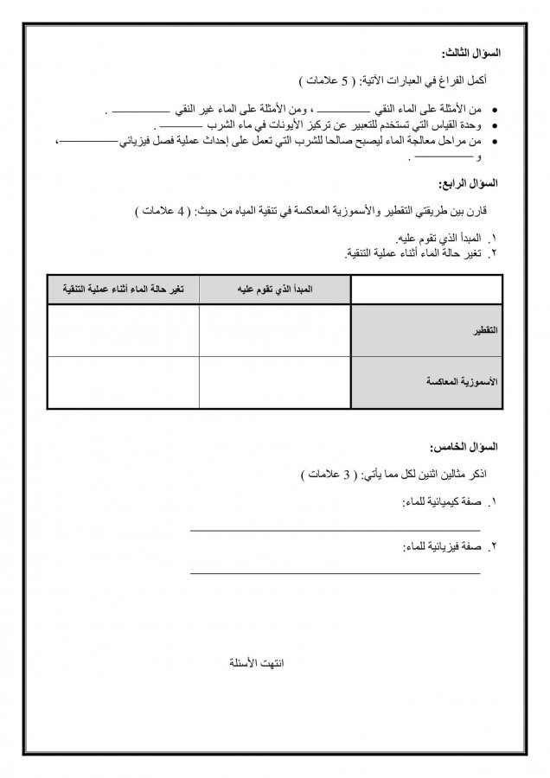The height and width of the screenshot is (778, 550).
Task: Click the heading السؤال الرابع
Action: pyautogui.click(x=470, y=184)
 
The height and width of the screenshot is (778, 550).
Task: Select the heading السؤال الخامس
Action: pyautogui.click(x=466, y=447)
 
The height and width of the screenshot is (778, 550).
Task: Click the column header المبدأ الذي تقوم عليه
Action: pyautogui.click(x=274, y=289)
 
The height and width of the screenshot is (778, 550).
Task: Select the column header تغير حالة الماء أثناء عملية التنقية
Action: pyautogui.click(x=123, y=289)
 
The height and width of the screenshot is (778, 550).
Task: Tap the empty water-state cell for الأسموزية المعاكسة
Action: pyautogui.click(x=123, y=381)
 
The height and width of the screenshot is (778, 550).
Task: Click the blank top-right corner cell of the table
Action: pyautogui.click(x=426, y=289)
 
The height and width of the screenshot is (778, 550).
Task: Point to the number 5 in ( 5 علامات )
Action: pyautogui.click(x=343, y=81)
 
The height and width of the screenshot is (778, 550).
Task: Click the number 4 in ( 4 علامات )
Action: pyautogui.click(x=181, y=210)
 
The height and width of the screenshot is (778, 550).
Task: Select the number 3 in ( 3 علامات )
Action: pyautogui.click(x=345, y=475)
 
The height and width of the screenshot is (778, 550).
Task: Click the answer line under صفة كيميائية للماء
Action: pyautogui.click(x=335, y=529)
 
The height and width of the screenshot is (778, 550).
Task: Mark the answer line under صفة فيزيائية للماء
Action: pyautogui.click(x=335, y=572)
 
